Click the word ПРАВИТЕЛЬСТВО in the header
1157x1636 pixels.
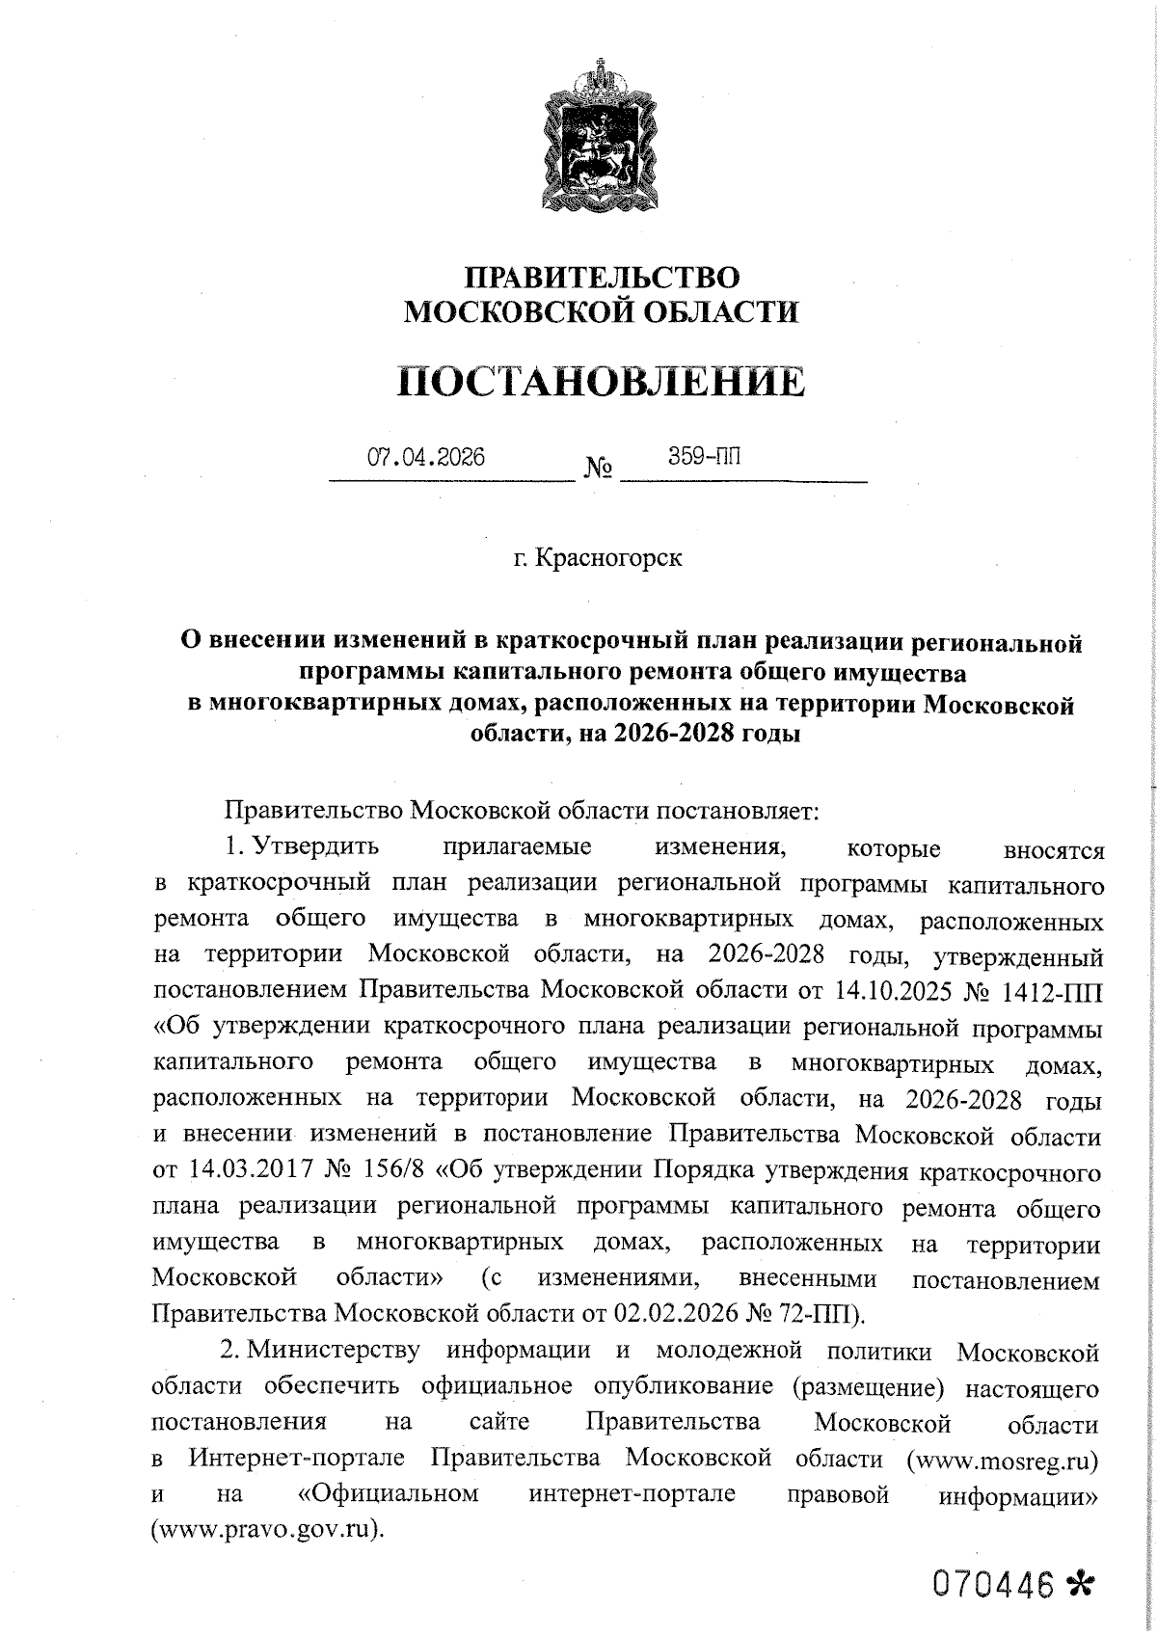pyautogui.click(x=603, y=278)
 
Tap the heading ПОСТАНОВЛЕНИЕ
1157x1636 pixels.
pyautogui.click(x=602, y=382)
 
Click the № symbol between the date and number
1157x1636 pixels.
pyautogui.click(x=598, y=470)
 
